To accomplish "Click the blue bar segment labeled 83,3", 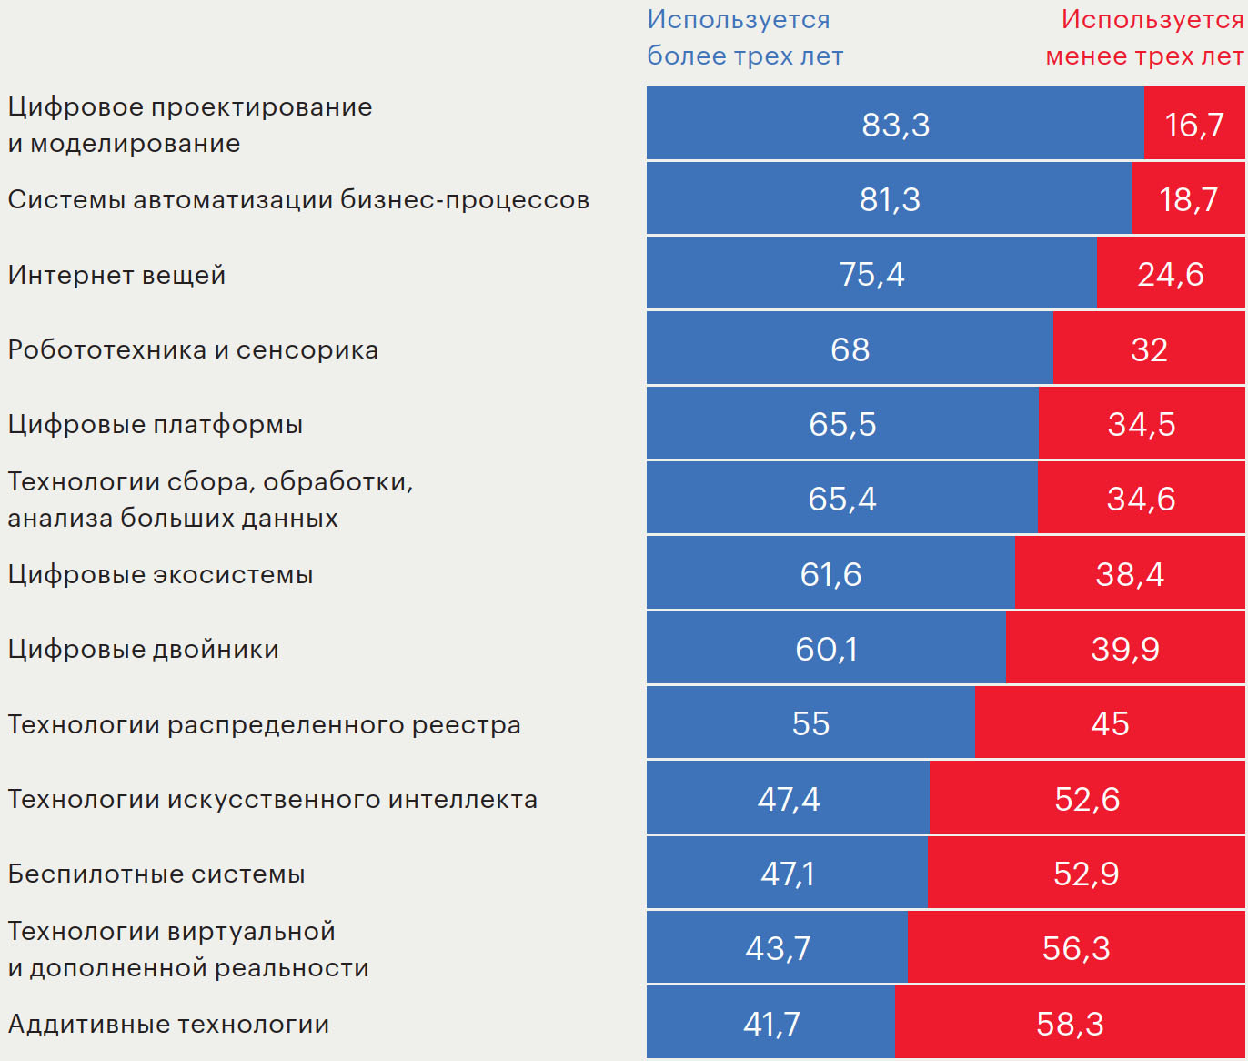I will [895, 125].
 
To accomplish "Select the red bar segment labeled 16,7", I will [1193, 125].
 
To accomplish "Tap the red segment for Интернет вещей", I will [1170, 274].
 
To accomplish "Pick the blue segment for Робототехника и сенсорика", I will [850, 349].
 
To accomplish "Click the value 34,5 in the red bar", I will [1142, 424].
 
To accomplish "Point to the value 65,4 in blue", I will [842, 499].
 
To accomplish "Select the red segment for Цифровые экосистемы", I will [1129, 574].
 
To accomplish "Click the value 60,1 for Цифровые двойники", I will [826, 649].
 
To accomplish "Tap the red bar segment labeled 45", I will [1110, 723].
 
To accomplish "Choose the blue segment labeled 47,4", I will [788, 799].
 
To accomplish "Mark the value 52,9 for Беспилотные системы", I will [1086, 874].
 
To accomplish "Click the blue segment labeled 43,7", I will [777, 948].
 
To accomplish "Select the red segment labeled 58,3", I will [1070, 1024].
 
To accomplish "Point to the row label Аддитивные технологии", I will [168, 1024].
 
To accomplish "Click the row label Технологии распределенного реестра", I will [264, 724].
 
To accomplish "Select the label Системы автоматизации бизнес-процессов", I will [298, 199].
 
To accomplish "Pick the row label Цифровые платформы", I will [155, 424].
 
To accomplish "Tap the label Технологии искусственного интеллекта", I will [272, 799].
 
